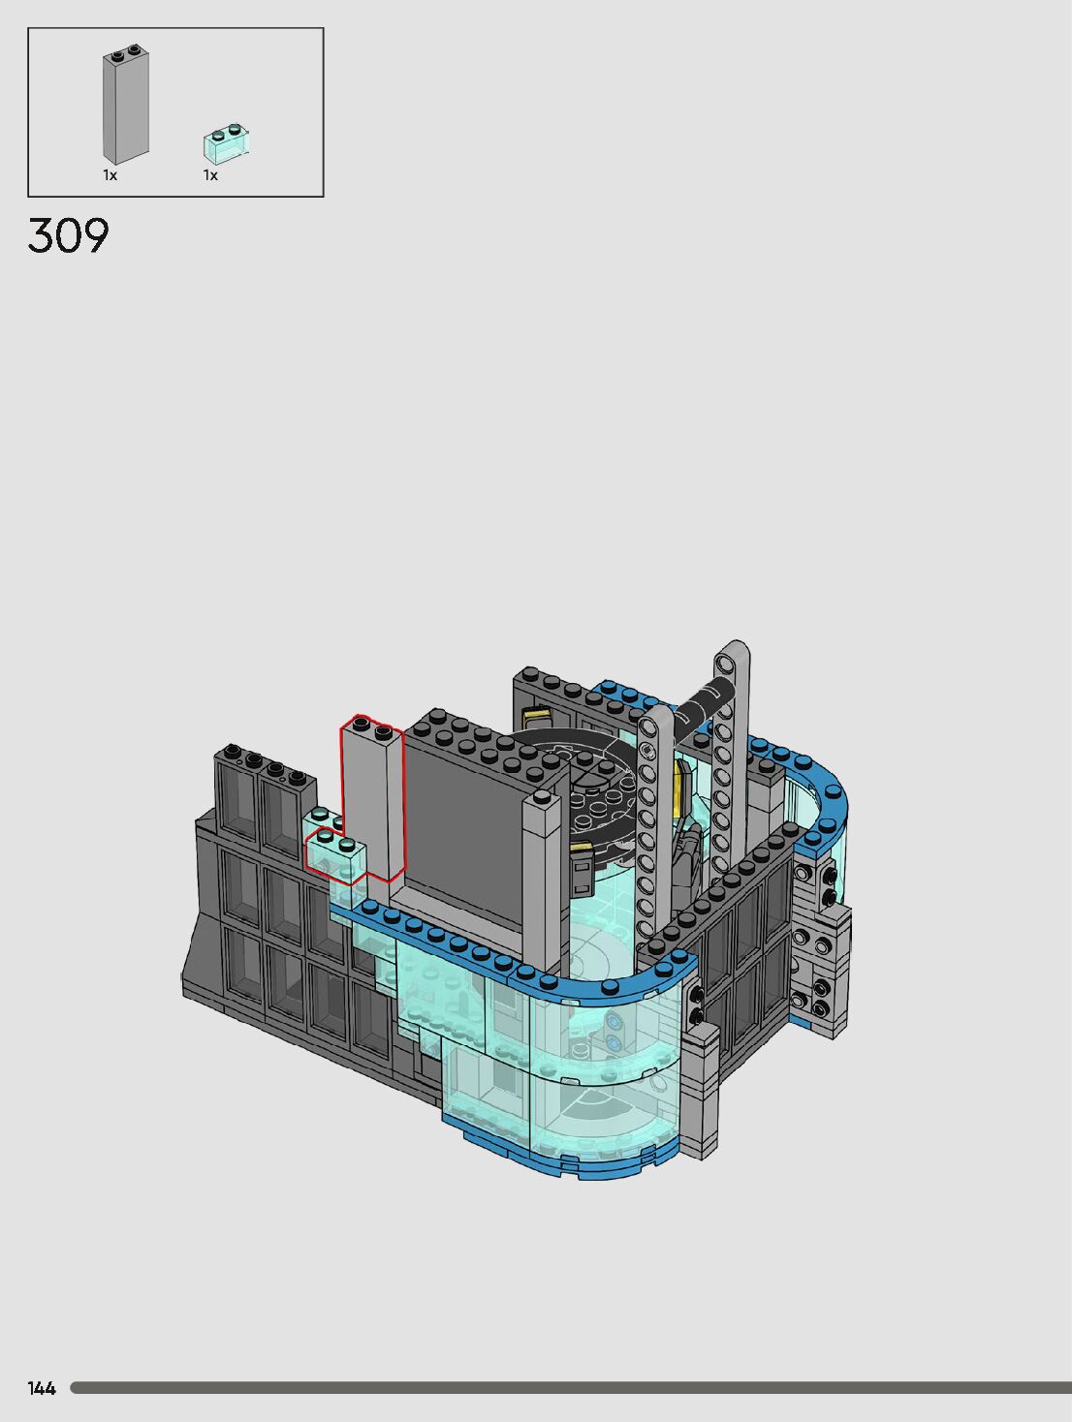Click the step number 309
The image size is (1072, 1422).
[x=68, y=235]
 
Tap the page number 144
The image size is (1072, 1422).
[x=42, y=1388]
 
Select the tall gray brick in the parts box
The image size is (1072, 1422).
[x=125, y=105]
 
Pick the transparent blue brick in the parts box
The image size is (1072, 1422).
[x=227, y=143]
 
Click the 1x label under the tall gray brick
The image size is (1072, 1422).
[x=110, y=175]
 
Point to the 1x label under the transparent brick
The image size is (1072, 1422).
[x=210, y=175]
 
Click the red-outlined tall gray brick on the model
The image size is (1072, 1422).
[x=372, y=798]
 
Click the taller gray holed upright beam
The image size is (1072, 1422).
[x=732, y=761]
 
